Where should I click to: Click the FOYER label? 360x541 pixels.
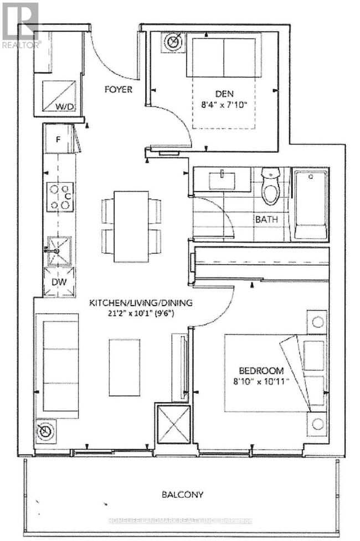[x=119, y=89]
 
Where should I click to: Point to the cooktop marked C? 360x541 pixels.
[x=60, y=197]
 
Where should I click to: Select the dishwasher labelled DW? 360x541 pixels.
[x=59, y=282]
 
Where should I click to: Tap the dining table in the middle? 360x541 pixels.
[x=131, y=226]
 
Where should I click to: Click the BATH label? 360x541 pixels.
[x=266, y=219]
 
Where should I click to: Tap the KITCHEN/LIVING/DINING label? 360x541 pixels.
[x=142, y=303]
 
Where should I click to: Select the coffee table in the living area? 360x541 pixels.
[x=125, y=367]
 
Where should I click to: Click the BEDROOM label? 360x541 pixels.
[x=261, y=370]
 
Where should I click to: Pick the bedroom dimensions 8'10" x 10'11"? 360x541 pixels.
[x=261, y=382]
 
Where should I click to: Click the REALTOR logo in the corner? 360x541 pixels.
[x=21, y=25]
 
